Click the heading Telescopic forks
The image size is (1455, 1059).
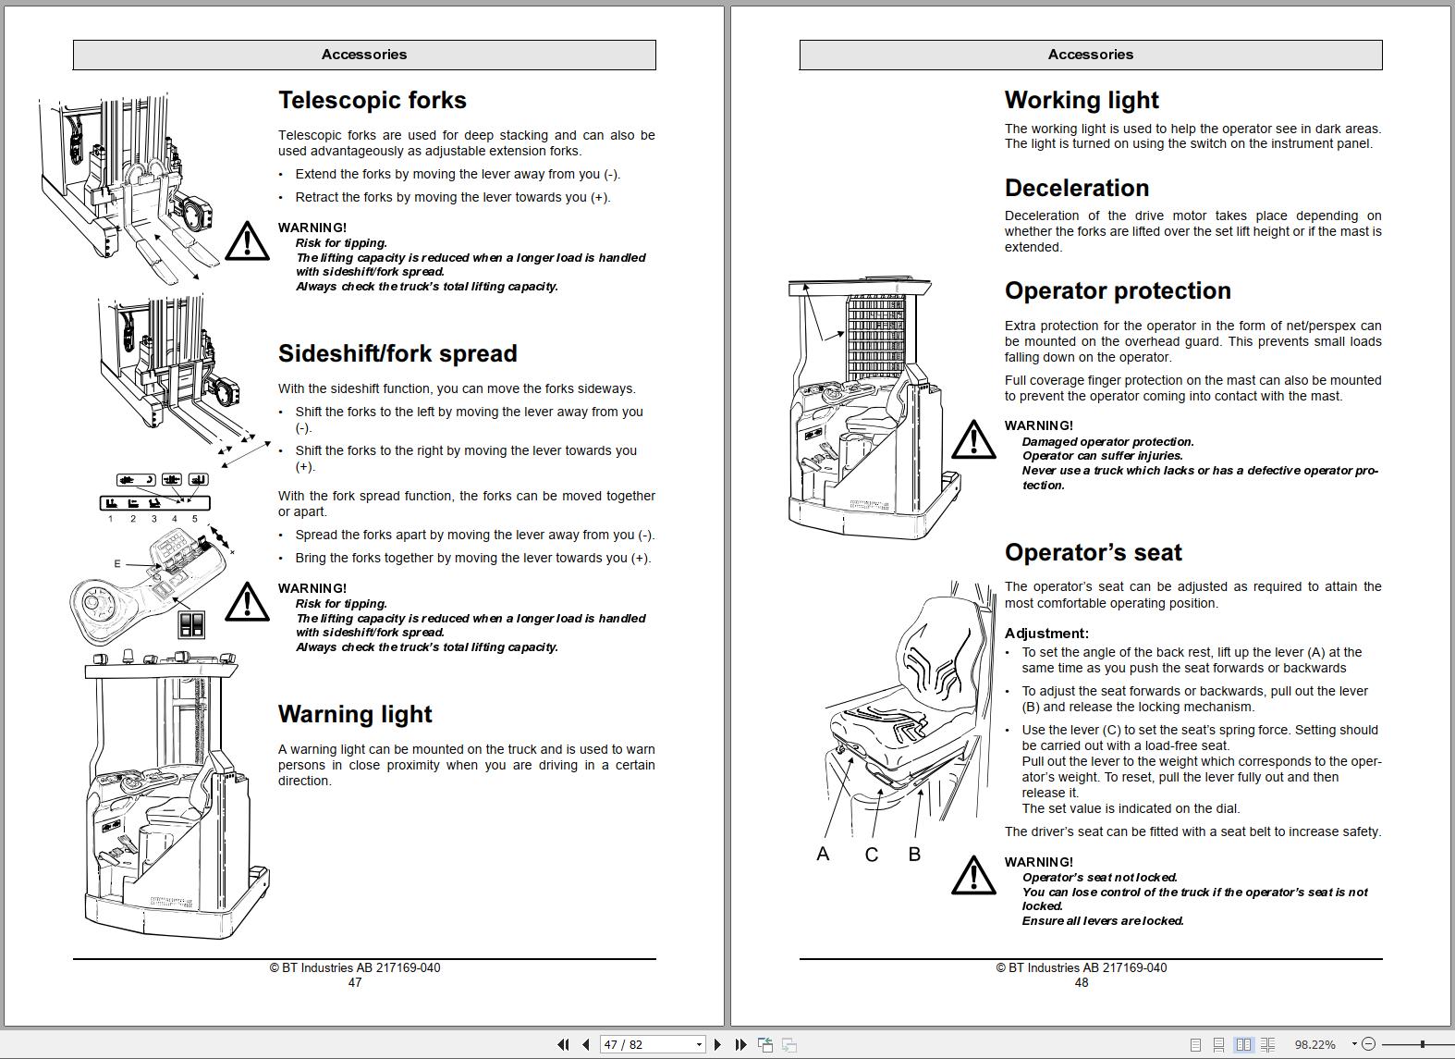(372, 100)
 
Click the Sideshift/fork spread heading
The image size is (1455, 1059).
(397, 353)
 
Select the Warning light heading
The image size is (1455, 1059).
(355, 714)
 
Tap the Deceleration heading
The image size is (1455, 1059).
(1077, 188)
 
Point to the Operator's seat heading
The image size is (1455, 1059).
(1093, 552)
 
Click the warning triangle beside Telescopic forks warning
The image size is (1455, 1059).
(247, 241)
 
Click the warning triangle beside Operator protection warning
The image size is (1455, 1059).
(973, 439)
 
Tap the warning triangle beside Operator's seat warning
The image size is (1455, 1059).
(973, 875)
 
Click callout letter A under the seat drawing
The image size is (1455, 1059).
(823, 854)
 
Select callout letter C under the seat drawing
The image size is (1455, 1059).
(871, 855)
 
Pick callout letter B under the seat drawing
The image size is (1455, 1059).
(914, 854)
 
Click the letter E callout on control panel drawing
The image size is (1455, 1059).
(117, 563)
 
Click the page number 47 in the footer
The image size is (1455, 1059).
(355, 982)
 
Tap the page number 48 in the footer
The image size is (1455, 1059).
(1082, 982)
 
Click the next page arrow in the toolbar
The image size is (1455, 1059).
(717, 1044)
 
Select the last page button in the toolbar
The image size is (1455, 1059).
(740, 1044)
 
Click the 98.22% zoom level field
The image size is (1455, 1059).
(1314, 1044)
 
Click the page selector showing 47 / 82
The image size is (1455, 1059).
(653, 1044)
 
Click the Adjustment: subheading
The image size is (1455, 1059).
(1046, 634)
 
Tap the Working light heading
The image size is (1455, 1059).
(1082, 100)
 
